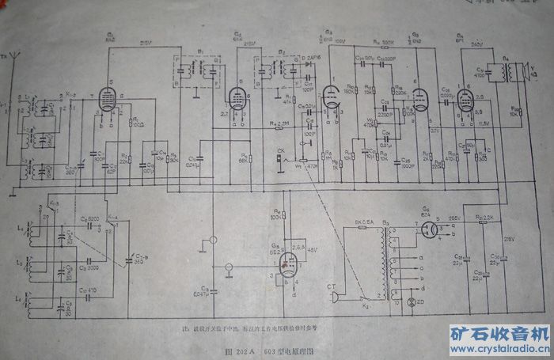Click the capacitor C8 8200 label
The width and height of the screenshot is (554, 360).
(89, 218)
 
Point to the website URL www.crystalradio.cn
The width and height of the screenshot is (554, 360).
(500, 346)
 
